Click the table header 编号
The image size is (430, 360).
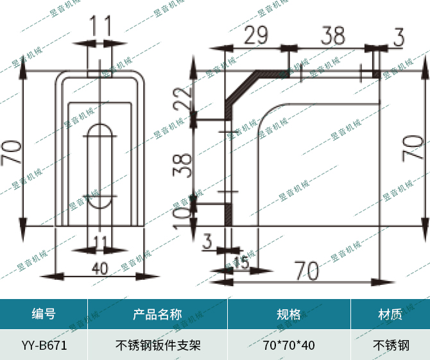click(44, 314)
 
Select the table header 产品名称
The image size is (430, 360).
click(157, 314)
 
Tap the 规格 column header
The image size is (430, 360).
click(289, 314)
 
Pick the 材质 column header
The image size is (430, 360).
click(390, 314)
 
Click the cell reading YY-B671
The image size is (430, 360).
click(44, 345)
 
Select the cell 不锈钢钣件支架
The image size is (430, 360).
click(157, 345)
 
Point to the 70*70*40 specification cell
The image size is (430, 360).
click(289, 345)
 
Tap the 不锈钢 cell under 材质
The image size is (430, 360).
click(390, 345)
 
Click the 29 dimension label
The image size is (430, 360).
click(255, 36)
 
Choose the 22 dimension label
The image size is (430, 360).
click(183, 100)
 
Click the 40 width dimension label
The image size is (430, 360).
click(99, 268)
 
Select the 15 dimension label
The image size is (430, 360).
click(241, 262)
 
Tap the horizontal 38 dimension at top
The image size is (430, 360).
click(332, 35)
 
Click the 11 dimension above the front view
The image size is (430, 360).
click(100, 26)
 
